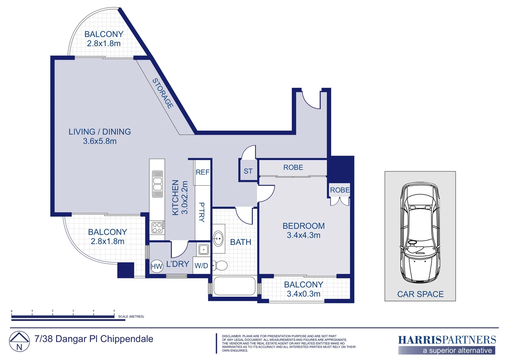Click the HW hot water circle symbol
(157, 266)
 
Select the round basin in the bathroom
(218, 239)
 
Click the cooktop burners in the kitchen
(157, 227)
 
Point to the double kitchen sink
(158, 184)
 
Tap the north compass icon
(19, 341)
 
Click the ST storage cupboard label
(248, 171)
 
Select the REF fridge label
(203, 172)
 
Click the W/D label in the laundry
(201, 265)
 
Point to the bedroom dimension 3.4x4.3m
(303, 235)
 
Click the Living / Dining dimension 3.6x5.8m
(100, 141)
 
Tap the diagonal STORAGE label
(163, 93)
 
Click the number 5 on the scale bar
(114, 310)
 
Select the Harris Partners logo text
(447, 340)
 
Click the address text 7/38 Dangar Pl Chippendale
(94, 339)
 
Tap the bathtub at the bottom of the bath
(235, 286)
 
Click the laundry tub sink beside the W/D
(204, 249)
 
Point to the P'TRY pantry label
(202, 212)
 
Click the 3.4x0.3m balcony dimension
(303, 294)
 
